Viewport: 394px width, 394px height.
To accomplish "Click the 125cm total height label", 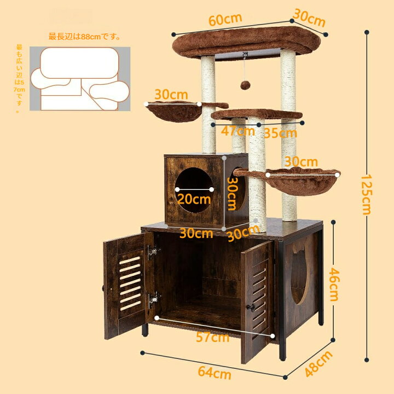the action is coord(366,195).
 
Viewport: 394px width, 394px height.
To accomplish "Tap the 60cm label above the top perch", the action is coord(225,19).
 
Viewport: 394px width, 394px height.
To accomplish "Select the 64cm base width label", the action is coord(215,373).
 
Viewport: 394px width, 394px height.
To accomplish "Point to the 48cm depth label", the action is coord(318,363).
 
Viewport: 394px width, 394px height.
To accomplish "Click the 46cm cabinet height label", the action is coord(334,285).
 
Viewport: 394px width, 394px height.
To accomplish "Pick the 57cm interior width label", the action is coord(212,337).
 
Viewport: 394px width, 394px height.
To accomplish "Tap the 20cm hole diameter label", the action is coord(194,199).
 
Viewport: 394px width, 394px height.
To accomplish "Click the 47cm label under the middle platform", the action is coord(237,131).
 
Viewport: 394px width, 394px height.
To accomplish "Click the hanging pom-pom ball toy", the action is coord(245,85).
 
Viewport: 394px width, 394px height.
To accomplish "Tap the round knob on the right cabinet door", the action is coord(251,307).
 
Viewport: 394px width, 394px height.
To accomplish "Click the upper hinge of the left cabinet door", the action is coord(153,252).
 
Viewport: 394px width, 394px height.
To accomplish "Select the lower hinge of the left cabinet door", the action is coord(153,299).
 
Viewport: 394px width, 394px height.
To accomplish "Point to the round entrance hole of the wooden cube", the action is coord(194,190).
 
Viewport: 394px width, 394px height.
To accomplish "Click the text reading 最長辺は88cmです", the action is coord(84,37).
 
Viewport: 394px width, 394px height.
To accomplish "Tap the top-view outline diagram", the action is coord(80,79).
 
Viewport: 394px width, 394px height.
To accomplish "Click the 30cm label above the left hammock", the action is coord(171,95).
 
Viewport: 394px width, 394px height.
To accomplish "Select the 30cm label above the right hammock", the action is coord(302,161).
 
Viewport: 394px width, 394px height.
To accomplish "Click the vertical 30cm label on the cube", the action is coord(231,194).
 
